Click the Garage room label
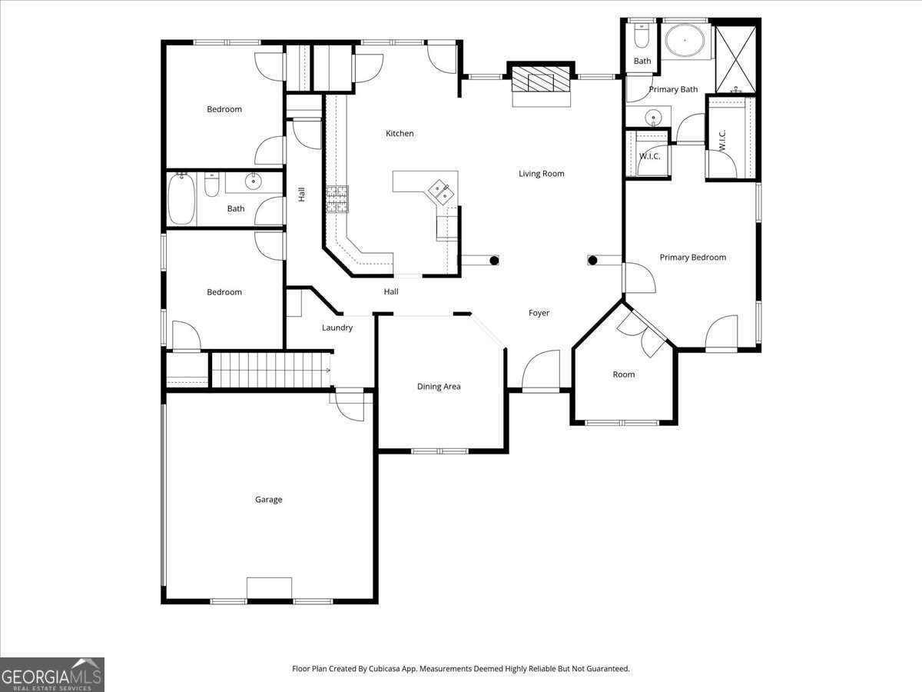coord(268,500)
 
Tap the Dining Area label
coord(439,387)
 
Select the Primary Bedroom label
coord(692,258)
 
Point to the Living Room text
coord(541,174)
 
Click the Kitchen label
coord(400,134)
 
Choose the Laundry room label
coord(337,328)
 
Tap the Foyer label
coord(539,313)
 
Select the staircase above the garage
coord(270,369)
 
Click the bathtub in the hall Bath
coord(181,199)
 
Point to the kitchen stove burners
coord(337,199)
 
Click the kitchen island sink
coord(441,190)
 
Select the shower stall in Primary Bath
coord(735,58)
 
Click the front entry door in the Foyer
coord(541,371)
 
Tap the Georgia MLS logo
coord(51,674)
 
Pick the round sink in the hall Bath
coord(254,181)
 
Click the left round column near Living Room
coord(494,261)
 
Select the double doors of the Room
coord(644,332)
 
